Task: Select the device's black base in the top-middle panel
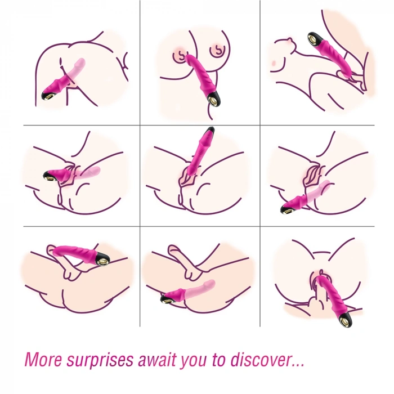(214, 101)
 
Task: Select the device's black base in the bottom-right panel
(342, 321)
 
